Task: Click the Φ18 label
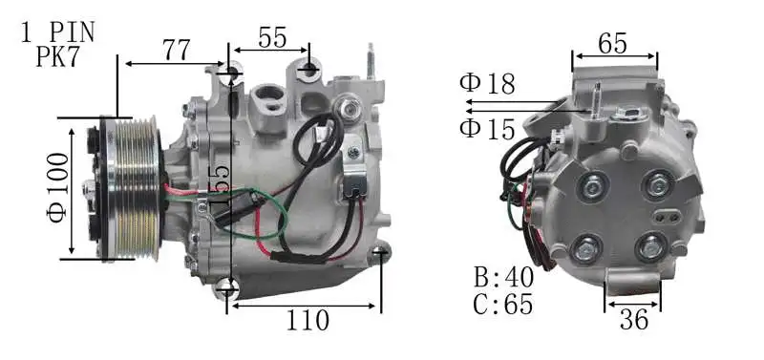tap(487, 84)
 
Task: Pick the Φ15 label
tap(487, 127)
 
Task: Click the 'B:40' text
tap(503, 279)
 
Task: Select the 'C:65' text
tap(503, 305)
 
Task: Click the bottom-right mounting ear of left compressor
tap(380, 253)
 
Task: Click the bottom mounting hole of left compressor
tap(227, 286)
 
